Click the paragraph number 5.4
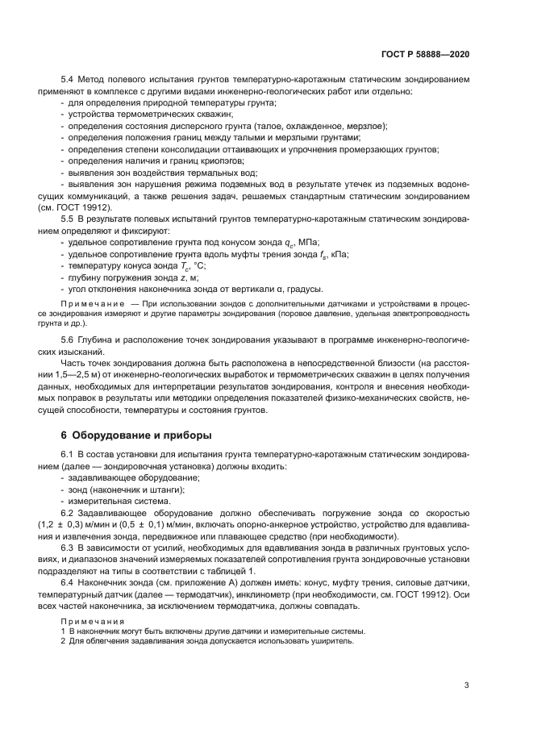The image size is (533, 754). pyautogui.click(x=68, y=81)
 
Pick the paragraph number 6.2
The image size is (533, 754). pyautogui.click(x=68, y=514)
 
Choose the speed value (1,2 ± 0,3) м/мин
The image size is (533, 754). pyautogui.click(x=90, y=525)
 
